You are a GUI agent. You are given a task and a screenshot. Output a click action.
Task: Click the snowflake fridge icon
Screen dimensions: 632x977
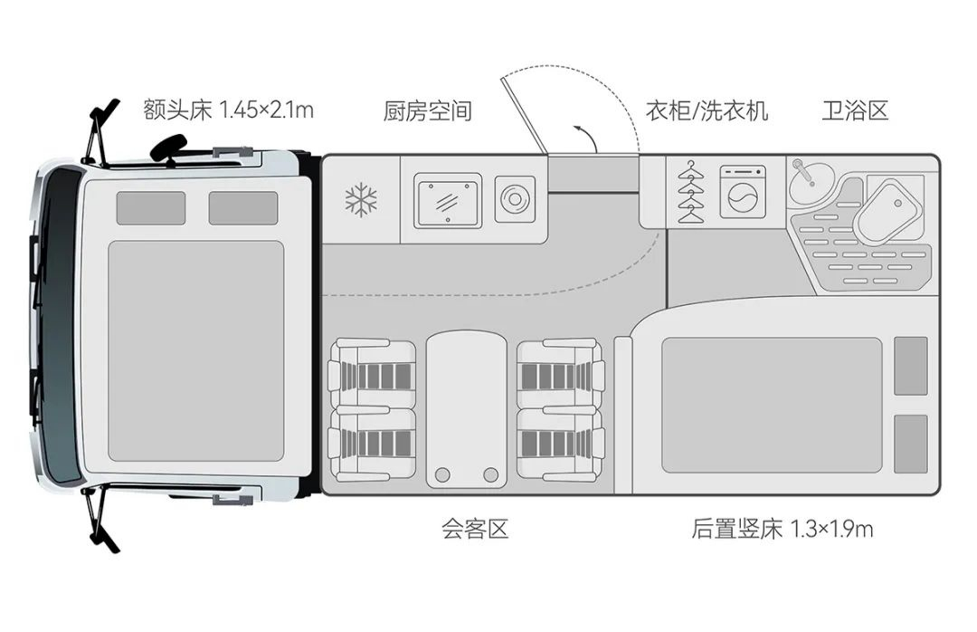(361, 200)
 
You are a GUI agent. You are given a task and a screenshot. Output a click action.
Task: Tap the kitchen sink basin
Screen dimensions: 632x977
(449, 200)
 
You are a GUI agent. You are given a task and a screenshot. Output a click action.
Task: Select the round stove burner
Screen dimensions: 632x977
(515, 199)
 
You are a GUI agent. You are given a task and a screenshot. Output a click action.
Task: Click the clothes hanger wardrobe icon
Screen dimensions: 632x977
(691, 193)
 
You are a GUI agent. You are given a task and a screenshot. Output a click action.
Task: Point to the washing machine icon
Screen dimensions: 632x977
(743, 192)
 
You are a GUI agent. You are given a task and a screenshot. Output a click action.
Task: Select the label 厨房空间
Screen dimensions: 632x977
(428, 111)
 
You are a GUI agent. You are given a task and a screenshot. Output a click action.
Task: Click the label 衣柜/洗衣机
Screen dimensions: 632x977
(707, 111)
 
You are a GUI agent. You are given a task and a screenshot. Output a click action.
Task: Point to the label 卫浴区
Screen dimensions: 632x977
(855, 111)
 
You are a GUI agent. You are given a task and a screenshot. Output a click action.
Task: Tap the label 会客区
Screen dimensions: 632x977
(475, 529)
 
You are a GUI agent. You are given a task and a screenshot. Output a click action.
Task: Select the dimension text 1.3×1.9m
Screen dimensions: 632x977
(832, 529)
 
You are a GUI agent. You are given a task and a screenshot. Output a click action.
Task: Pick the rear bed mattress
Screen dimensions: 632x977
(771, 405)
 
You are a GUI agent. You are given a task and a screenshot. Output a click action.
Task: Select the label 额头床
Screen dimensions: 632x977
(177, 111)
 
